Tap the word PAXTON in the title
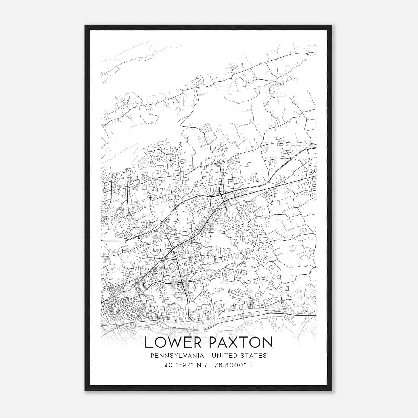click(241, 342)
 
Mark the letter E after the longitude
click(251, 365)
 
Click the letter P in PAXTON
click(213, 342)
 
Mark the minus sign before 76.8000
click(212, 365)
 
